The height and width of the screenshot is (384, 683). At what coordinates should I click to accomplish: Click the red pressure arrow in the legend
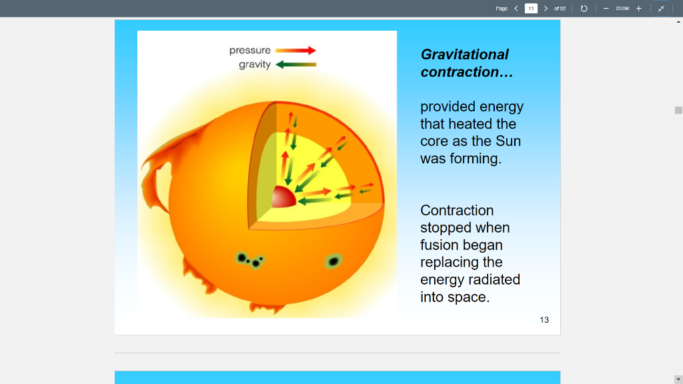click(295, 50)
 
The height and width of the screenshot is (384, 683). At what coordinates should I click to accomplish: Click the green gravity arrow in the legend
click(295, 65)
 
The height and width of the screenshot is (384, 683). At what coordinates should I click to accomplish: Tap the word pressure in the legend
click(250, 51)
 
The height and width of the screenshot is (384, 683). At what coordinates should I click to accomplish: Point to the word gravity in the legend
click(255, 65)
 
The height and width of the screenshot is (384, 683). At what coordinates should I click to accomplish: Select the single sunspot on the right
click(333, 261)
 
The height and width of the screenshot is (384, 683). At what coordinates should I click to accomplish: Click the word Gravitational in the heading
click(464, 55)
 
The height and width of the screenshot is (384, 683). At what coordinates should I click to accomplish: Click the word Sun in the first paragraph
click(508, 141)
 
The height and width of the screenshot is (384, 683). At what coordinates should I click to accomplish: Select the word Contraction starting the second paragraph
click(457, 211)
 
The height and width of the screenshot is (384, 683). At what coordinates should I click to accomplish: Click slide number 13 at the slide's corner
click(544, 320)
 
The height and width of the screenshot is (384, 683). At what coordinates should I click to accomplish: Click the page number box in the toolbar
click(531, 9)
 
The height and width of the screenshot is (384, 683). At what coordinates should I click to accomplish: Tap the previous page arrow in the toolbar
click(516, 9)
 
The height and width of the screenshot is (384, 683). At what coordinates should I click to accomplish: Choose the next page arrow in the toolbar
click(546, 9)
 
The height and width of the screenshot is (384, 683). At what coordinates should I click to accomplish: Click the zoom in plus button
click(638, 9)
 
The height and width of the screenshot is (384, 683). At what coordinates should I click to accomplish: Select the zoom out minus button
click(606, 9)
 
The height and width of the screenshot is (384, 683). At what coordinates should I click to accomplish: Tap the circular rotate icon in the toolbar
click(584, 9)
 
